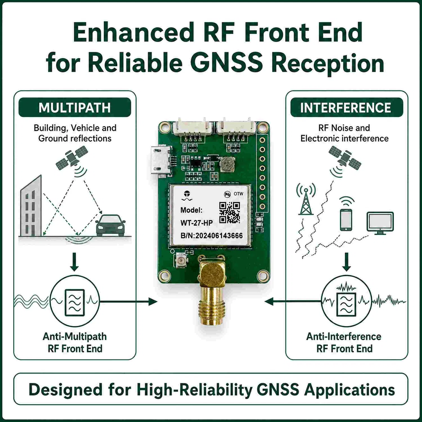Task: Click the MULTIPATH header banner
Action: [x=75, y=107]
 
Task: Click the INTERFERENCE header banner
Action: [x=347, y=107]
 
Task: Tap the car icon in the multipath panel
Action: [x=110, y=225]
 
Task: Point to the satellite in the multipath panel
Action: [x=72, y=160]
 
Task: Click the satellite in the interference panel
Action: [x=345, y=158]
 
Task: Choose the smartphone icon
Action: [x=346, y=220]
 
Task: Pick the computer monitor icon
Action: [x=380, y=223]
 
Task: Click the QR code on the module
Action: [x=230, y=213]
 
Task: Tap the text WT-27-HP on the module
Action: [x=196, y=223]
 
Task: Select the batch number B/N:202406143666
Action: [x=212, y=236]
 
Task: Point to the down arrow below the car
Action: [x=74, y=262]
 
